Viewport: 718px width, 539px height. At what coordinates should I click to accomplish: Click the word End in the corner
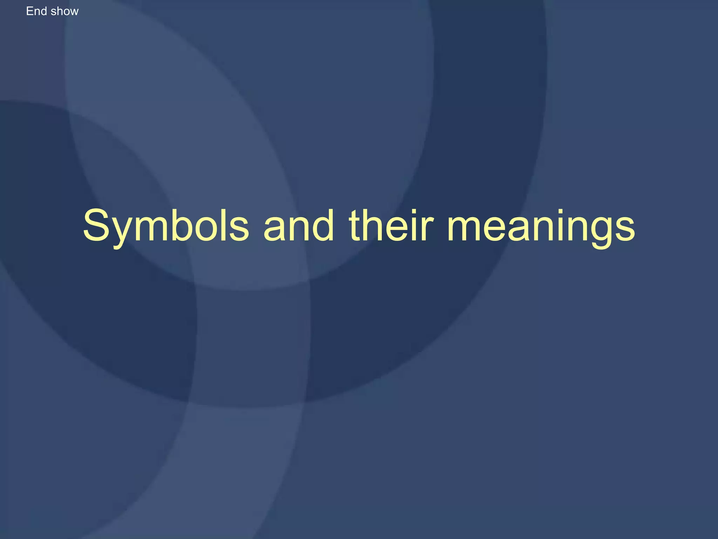[x=36, y=11]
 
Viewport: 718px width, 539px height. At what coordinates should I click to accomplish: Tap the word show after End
[x=65, y=11]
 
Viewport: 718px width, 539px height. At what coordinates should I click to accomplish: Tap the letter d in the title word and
[x=323, y=225]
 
